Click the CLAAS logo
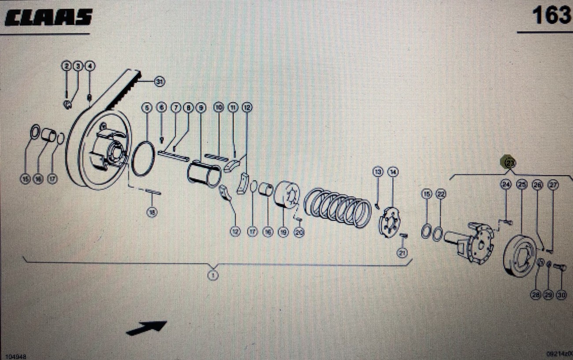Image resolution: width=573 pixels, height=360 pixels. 48,18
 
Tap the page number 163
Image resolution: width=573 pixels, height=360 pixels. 551,15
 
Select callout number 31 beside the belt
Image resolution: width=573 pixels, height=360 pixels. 159,81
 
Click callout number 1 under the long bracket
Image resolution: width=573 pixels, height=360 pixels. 213,276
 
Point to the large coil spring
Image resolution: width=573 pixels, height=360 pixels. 339,207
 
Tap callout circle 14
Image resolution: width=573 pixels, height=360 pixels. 393,172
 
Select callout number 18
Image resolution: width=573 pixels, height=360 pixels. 152,212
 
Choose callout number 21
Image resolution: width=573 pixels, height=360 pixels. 402,252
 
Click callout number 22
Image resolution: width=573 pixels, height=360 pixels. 441,194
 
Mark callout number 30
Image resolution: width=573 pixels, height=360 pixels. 561,294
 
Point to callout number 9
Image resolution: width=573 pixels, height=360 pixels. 201,107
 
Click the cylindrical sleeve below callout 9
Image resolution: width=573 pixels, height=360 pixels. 204,174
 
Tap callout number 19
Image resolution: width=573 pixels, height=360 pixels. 283,232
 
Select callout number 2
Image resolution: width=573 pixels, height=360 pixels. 66,66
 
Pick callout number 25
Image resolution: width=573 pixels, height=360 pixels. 522,185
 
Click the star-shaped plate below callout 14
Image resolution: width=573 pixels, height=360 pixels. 389,223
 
